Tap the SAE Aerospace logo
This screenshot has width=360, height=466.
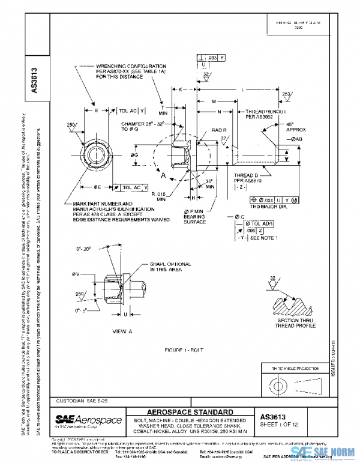(x=88, y=420)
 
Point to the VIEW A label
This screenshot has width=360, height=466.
(x=121, y=331)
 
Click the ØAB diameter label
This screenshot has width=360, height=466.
(x=297, y=139)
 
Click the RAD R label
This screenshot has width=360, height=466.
(x=219, y=130)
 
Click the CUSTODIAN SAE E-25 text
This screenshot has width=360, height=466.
(x=77, y=400)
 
